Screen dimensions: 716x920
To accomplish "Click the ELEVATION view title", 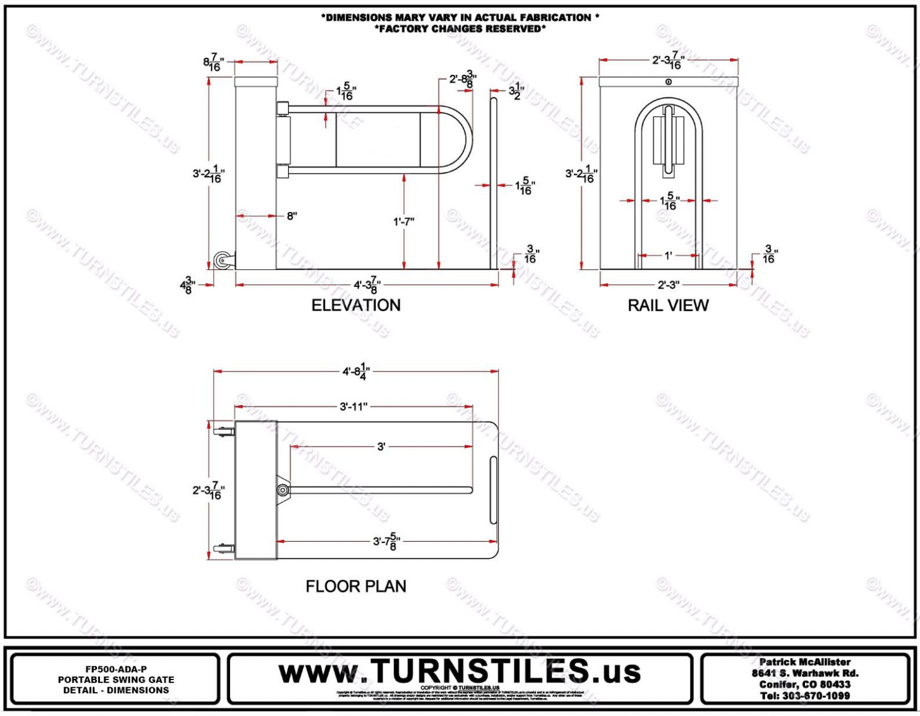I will [356, 305].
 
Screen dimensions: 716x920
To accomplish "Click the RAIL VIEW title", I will [668, 305].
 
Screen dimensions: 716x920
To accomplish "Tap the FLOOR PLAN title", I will [356, 586].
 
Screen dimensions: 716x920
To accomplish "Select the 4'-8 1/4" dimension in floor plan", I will [356, 372].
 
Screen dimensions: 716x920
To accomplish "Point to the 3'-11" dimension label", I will [353, 407].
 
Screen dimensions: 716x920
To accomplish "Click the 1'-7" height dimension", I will [404, 222].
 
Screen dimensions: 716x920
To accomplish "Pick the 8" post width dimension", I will [292, 216].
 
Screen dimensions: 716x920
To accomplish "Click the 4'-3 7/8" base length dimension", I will [367, 286].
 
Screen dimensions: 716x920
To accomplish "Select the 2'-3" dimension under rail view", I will [668, 286].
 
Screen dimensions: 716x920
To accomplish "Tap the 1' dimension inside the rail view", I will [668, 256].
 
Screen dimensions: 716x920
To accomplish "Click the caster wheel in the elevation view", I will [222, 261].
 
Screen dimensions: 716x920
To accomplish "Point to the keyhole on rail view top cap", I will [668, 82].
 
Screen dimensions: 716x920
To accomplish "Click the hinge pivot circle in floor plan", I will [283, 490].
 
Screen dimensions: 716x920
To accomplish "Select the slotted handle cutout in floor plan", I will [493, 490].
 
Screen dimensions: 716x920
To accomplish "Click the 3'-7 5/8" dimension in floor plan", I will [386, 542].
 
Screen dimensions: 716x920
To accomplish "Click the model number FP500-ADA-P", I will [116, 669].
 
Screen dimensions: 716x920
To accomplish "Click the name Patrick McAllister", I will [804, 662].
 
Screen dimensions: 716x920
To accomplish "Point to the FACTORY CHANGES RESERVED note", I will [460, 29].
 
